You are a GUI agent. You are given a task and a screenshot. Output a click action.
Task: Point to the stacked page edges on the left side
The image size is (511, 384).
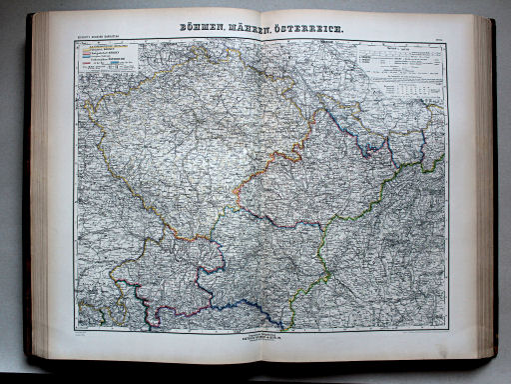click(x=39, y=190)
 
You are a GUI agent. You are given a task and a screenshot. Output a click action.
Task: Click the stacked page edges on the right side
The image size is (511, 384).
click(x=486, y=190)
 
